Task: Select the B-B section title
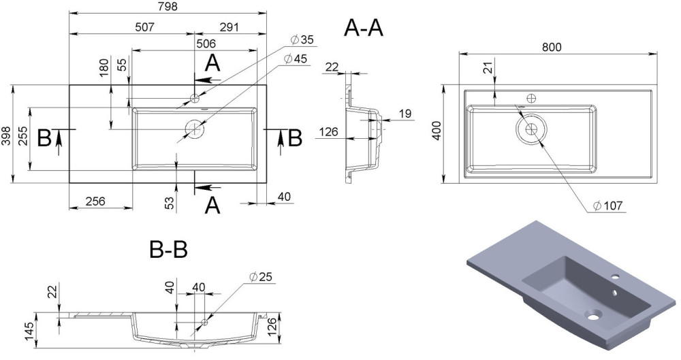(x=168, y=250)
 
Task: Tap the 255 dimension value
(x=23, y=140)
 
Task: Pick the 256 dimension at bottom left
(x=95, y=201)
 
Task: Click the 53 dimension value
(x=170, y=202)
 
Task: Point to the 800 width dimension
(x=552, y=47)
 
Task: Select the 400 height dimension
(x=437, y=133)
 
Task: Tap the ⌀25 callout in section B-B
(x=262, y=276)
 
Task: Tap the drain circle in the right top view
(x=530, y=127)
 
